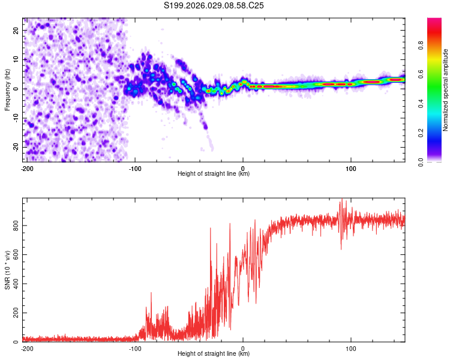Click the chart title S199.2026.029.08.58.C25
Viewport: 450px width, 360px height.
coord(214,5)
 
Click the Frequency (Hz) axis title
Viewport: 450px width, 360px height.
coord(7,89)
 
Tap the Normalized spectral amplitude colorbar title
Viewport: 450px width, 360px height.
coord(445,90)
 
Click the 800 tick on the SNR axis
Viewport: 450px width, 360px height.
coord(14,225)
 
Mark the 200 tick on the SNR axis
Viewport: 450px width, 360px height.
coord(14,313)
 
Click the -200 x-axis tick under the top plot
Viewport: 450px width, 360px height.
coord(27,167)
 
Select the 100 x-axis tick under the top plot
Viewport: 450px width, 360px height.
coord(351,167)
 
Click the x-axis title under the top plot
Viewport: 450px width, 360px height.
coord(214,174)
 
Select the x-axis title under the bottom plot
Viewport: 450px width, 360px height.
coord(214,354)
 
